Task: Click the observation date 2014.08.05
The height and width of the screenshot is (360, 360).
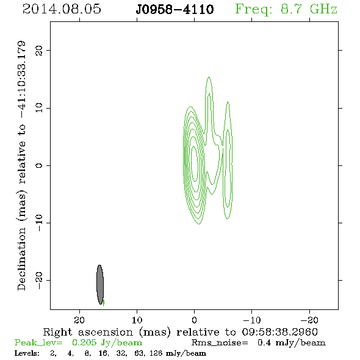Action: (x=62, y=9)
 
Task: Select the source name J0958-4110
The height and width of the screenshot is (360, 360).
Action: (x=175, y=10)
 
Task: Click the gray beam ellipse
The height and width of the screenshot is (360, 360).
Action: (x=100, y=285)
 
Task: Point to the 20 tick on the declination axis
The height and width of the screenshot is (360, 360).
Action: (x=39, y=50)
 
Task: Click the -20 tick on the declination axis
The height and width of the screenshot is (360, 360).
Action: (x=39, y=280)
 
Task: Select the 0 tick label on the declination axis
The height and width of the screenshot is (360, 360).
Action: (x=39, y=165)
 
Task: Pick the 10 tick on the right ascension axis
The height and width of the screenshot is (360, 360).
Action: (x=137, y=320)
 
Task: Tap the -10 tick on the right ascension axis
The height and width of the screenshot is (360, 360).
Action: (x=252, y=320)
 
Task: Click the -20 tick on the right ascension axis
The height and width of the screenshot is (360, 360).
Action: (x=309, y=320)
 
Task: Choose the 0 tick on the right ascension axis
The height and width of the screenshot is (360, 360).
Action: (x=194, y=320)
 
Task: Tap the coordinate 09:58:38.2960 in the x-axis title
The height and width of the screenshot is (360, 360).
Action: (x=280, y=332)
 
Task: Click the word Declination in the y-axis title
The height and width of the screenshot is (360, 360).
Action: (x=21, y=259)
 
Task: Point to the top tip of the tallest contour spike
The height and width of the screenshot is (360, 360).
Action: (x=209, y=77)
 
